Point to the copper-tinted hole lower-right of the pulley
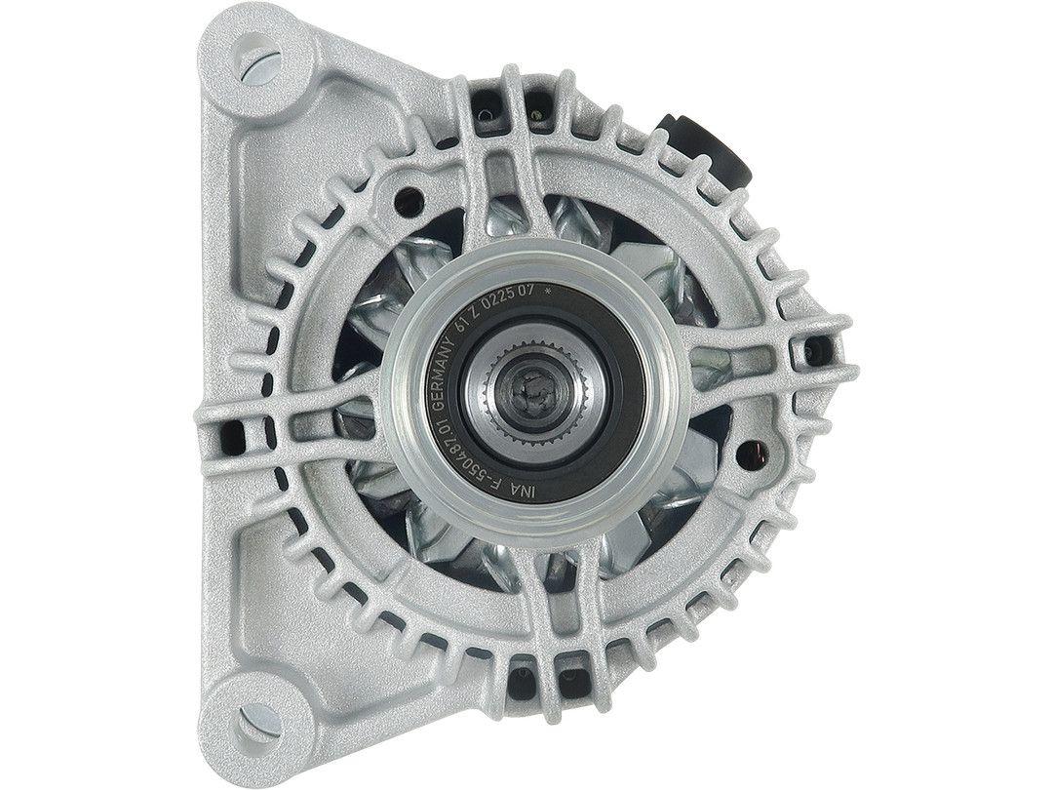click(x=753, y=452)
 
